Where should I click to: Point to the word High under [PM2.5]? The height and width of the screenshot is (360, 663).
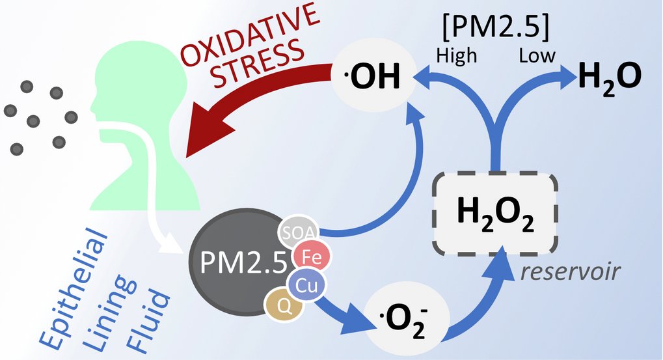point(457,56)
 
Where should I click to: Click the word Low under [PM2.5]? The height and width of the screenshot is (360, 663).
point(537,56)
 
